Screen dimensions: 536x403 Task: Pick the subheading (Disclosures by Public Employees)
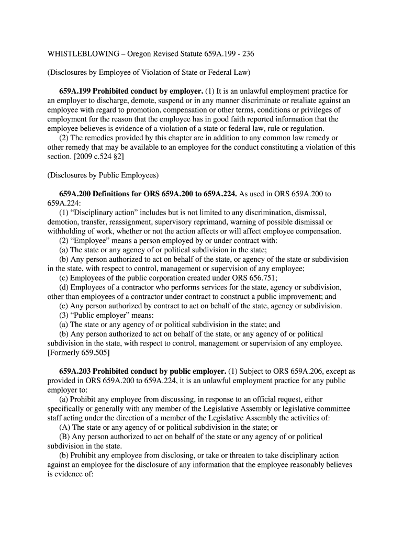click(103, 175)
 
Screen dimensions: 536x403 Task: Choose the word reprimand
click(207, 221)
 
